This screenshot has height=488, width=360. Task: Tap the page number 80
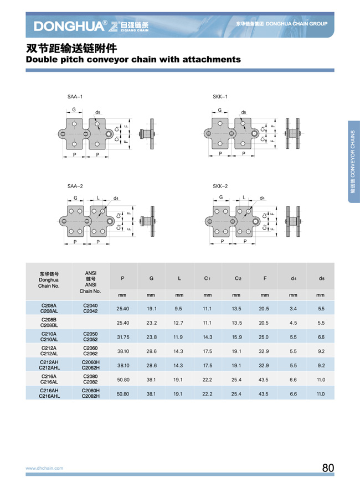(x=328, y=468)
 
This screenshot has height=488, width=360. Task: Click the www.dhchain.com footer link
(x=44, y=468)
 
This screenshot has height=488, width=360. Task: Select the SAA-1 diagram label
(x=75, y=97)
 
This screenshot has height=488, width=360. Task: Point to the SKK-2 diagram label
(x=220, y=186)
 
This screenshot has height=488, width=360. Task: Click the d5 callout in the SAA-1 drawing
(x=98, y=112)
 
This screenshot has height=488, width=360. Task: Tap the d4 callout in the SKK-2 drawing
(x=262, y=198)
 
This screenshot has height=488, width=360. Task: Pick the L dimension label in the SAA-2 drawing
(x=98, y=198)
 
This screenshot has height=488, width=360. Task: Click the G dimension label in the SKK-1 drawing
(x=220, y=110)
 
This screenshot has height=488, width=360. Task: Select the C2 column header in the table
(x=238, y=278)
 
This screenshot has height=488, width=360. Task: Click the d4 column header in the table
(x=294, y=278)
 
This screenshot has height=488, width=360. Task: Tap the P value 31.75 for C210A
(x=123, y=337)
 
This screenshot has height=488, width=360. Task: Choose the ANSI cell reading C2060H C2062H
(x=91, y=365)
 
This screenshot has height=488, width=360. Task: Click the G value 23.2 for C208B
(x=151, y=323)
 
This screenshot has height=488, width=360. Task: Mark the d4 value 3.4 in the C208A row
(x=293, y=309)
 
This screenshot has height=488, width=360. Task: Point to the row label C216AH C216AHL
(x=49, y=393)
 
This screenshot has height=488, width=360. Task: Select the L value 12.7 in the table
(x=178, y=323)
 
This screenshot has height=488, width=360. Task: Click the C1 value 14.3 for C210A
(x=207, y=337)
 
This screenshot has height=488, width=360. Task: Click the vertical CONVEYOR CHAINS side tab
(x=353, y=162)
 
